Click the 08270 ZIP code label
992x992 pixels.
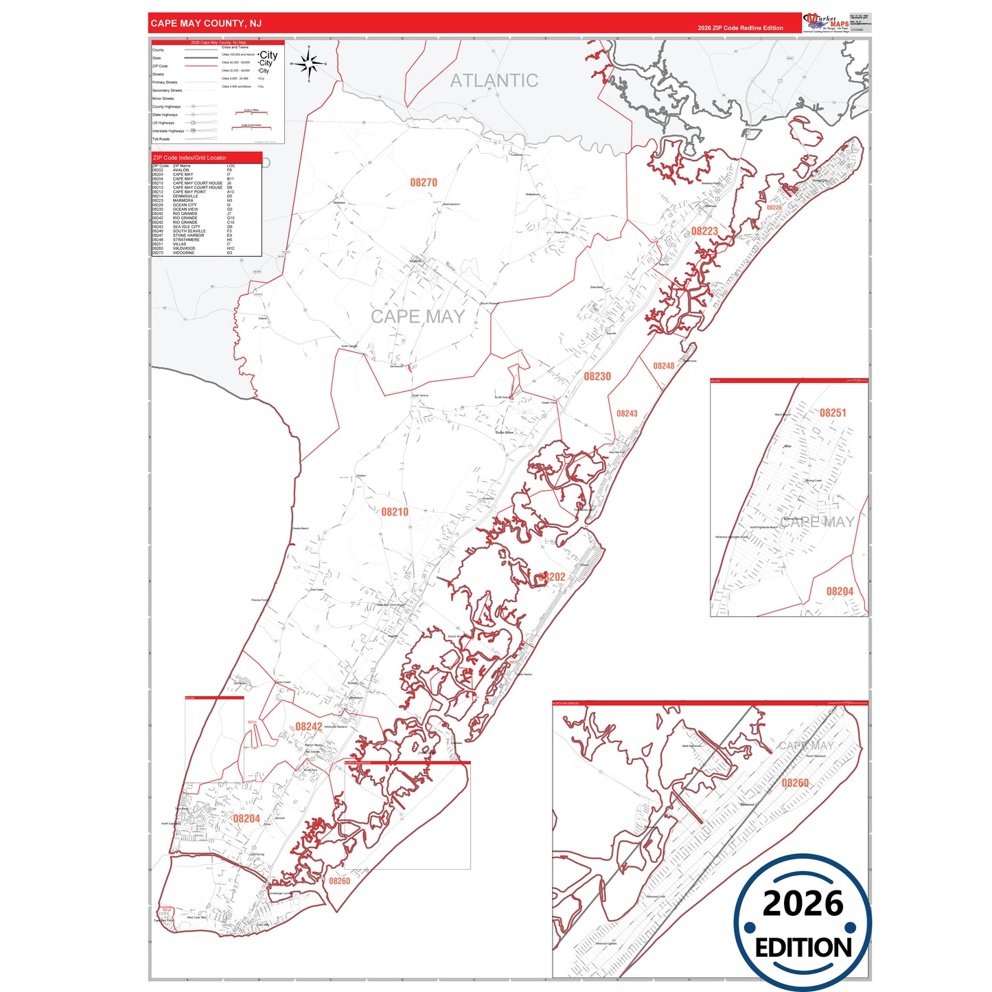tap(424, 183)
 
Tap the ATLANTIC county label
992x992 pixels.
tap(494, 81)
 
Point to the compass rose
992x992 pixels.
tap(309, 64)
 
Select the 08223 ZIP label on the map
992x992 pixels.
tap(704, 231)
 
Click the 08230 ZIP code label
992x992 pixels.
tap(597, 376)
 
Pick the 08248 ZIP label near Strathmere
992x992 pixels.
tap(663, 366)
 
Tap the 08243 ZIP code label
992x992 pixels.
tap(627, 414)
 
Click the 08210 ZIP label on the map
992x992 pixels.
tap(395, 512)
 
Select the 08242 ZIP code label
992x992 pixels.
tap(309, 727)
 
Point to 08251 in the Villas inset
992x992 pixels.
tap(833, 413)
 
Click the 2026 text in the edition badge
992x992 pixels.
tap(803, 903)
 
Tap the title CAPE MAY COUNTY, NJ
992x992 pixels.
tap(206, 23)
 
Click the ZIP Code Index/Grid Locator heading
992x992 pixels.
tap(189, 158)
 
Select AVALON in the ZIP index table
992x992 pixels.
tap(181, 170)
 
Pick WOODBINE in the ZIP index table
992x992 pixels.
tap(183, 253)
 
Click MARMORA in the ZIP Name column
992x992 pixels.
tap(183, 200)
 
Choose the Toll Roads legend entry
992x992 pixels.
tap(161, 139)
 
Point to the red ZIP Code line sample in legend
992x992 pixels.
tap(200, 67)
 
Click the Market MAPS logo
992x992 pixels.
tap(826, 23)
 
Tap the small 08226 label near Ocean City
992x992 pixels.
tap(774, 207)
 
